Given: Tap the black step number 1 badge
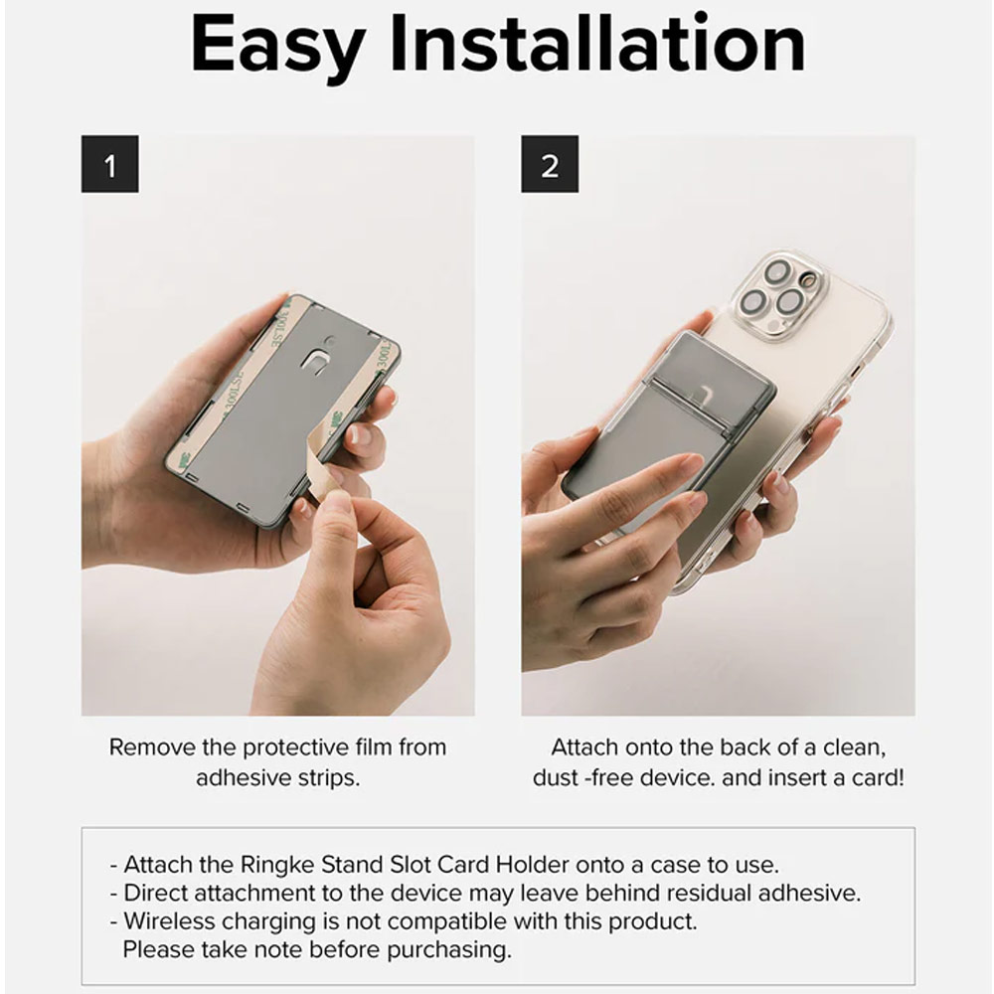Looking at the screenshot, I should click(x=109, y=165).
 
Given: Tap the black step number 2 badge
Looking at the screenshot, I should click(x=550, y=165).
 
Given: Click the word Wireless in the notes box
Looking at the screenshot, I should click(x=170, y=920).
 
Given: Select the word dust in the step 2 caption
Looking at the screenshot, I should click(x=555, y=778).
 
